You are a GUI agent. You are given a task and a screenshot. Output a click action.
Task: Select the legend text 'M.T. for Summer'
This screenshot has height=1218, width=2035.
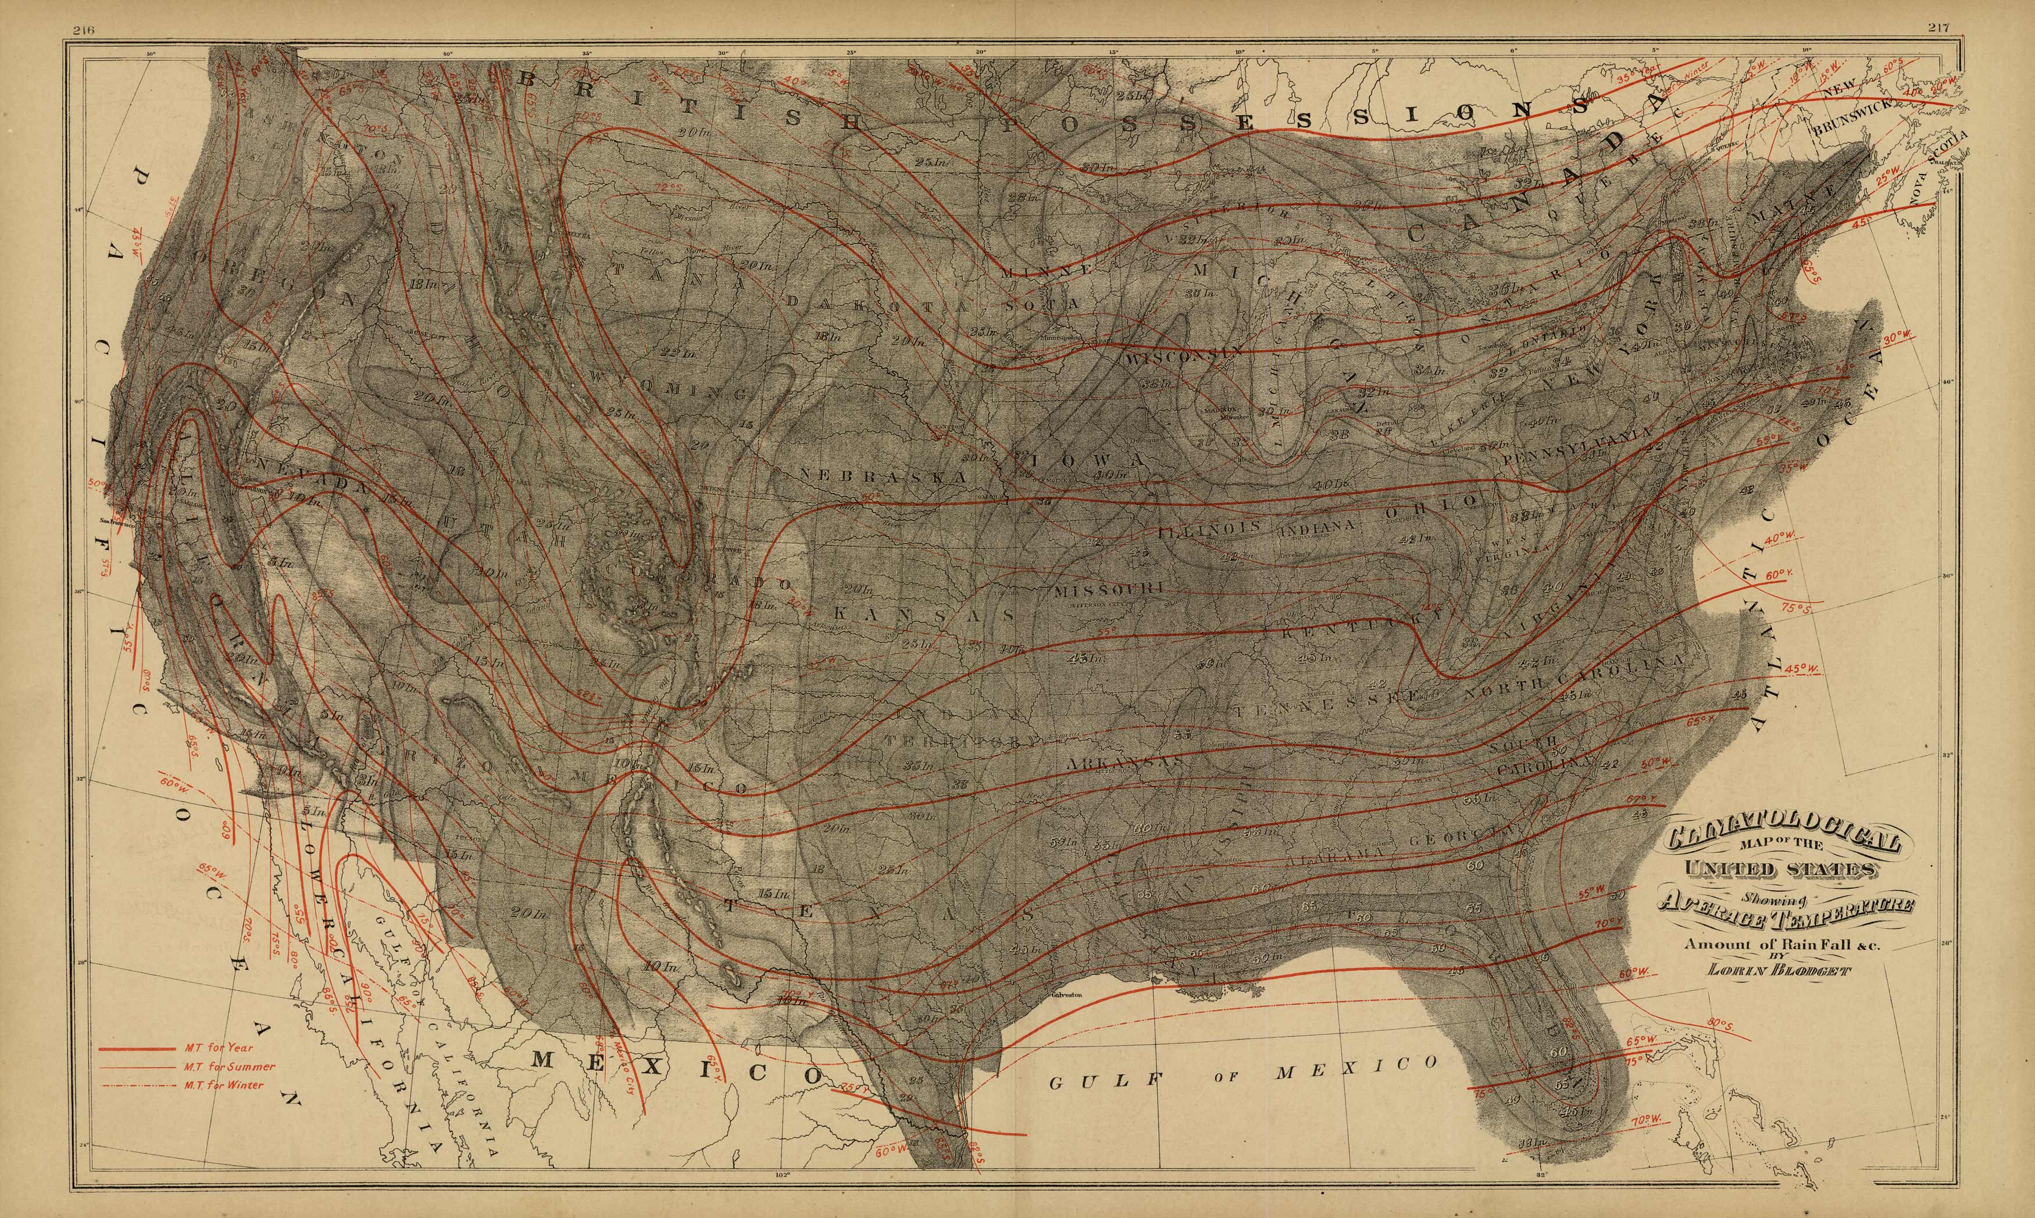point(230,1067)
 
